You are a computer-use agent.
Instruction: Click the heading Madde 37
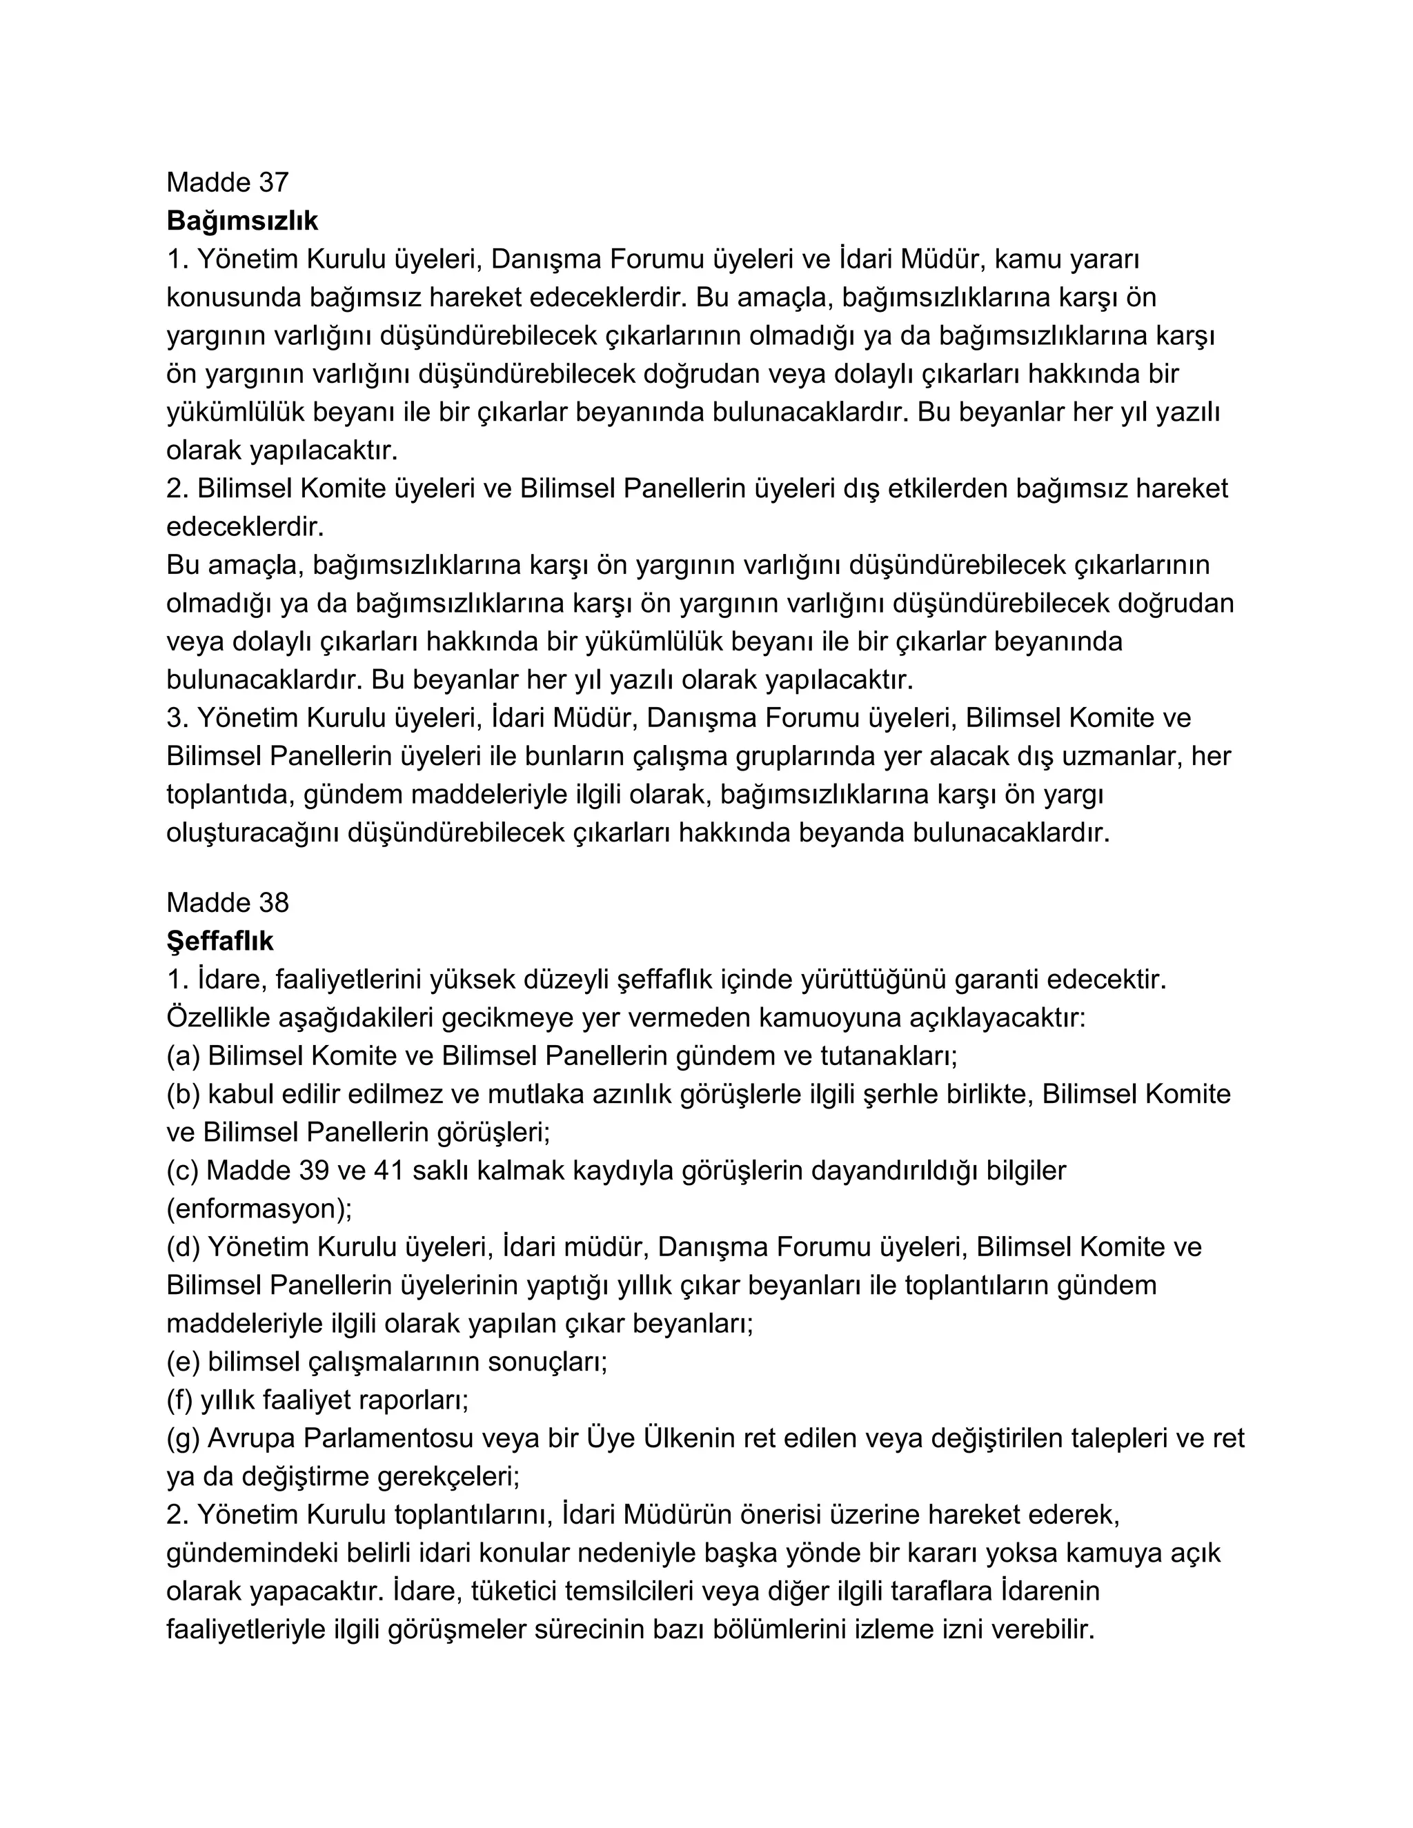(x=227, y=183)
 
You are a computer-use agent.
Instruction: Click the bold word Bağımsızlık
(x=242, y=221)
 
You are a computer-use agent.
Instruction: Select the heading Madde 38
(x=227, y=903)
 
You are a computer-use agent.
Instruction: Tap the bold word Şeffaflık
(x=219, y=942)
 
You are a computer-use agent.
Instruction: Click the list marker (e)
(x=182, y=1362)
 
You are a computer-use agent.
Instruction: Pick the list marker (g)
(x=182, y=1439)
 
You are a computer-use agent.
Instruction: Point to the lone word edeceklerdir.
(x=244, y=527)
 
